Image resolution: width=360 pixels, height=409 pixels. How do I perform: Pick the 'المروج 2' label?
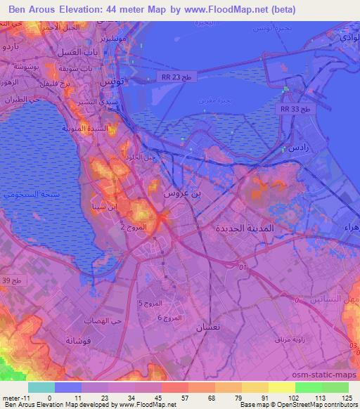[134, 228]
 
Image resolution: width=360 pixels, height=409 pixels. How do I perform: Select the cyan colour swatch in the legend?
[41, 387]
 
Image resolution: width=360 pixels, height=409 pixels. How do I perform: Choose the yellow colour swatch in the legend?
[281, 387]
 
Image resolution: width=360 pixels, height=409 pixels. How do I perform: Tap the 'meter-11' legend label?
[13, 397]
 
